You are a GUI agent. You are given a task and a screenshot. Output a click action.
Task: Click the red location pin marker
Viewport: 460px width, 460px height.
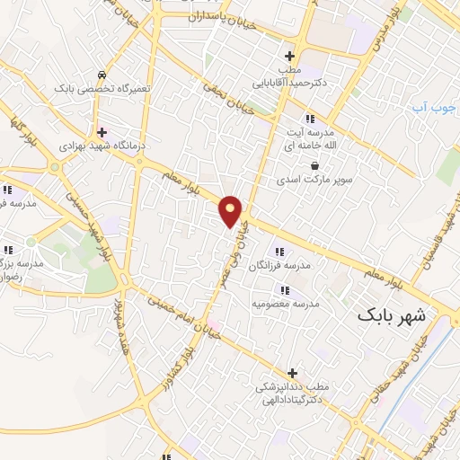(x=231, y=210)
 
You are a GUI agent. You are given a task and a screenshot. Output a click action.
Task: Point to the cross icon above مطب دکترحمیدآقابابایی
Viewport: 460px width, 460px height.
(x=289, y=55)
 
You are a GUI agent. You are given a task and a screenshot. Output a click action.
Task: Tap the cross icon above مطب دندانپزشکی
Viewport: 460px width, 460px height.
(x=291, y=372)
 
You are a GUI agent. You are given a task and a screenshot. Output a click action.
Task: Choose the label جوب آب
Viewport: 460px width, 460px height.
(x=430, y=108)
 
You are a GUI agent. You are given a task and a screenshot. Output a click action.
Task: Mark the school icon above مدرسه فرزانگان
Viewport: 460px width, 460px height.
(x=279, y=251)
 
